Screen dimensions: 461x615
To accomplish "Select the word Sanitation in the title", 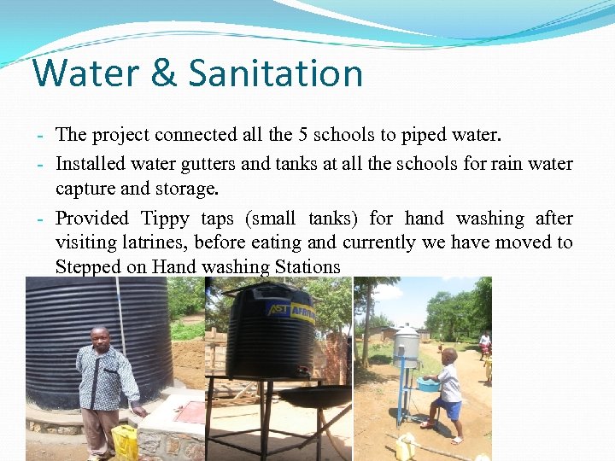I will click(x=276, y=73).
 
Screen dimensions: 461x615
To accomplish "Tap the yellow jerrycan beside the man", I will click(x=126, y=442).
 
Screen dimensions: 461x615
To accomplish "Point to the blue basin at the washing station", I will click(x=429, y=385).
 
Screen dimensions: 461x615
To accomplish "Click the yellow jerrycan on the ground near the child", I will click(x=406, y=446).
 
